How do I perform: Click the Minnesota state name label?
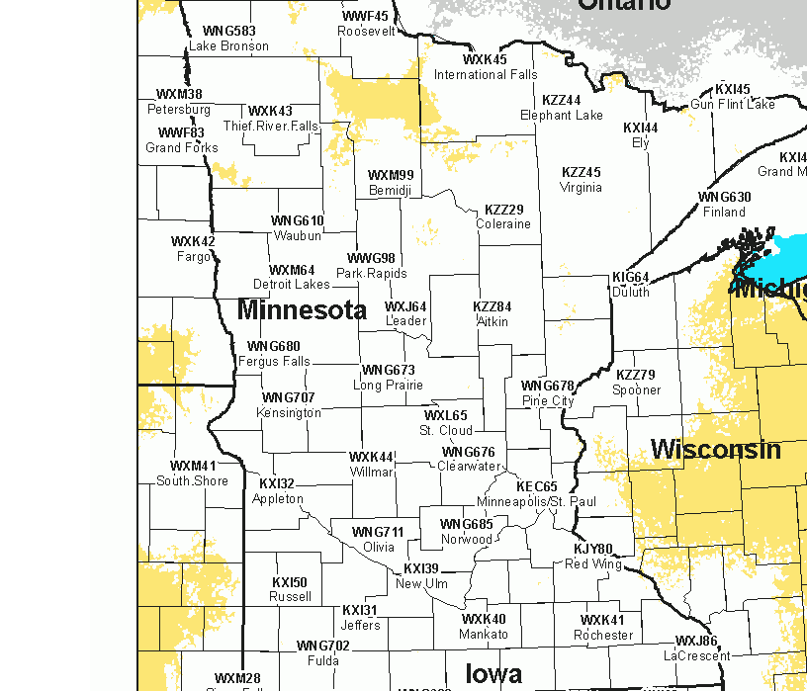pos(302,310)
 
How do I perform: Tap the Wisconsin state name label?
pos(715,450)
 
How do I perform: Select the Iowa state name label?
pos(493,674)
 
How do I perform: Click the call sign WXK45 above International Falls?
pos(485,59)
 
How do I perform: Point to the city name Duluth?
pos(631,292)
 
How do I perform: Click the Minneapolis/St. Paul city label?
pos(536,502)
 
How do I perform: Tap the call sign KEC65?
pos(537,487)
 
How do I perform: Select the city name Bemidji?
pos(389,190)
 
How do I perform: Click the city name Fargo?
pos(194,257)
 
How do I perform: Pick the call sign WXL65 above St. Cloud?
pos(446,415)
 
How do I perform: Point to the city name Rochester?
pos(602,635)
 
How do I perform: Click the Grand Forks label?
pos(182,148)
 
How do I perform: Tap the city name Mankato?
pos(484,634)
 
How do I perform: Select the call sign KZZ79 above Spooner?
pos(636,375)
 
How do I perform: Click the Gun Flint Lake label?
pos(733,104)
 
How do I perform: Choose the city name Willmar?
pos(372,472)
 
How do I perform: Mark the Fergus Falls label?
pos(274,361)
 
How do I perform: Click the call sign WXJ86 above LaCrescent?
pos(696,641)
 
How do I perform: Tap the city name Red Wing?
pos(593,564)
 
